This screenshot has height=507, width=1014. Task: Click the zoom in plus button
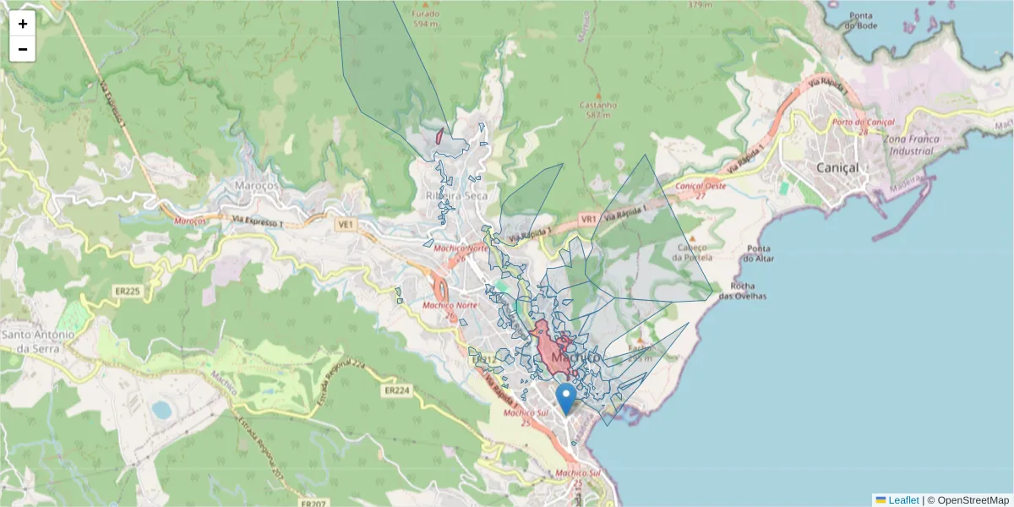coord(23,24)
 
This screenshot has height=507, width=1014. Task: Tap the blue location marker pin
coord(567,398)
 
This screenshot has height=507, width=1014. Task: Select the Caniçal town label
coord(837,168)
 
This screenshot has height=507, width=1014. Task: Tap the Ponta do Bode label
coord(860,20)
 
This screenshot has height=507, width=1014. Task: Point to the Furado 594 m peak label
coord(425,19)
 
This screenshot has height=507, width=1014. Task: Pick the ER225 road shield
coord(127,291)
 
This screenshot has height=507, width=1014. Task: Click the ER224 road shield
coord(397,390)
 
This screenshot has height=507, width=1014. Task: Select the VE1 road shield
coord(344,225)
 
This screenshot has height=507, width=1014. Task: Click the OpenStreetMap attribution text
coord(973,499)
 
